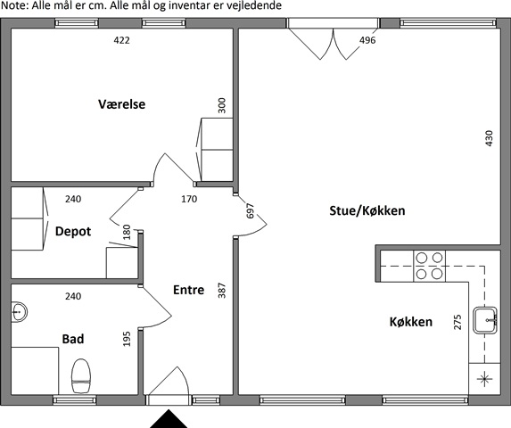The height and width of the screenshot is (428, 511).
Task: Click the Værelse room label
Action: coord(122,104)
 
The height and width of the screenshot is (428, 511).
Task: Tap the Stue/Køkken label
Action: coord(367,210)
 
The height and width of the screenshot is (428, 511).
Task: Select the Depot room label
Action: coord(73,232)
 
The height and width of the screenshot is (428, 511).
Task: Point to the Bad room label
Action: coord(73,339)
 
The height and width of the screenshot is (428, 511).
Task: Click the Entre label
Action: coord(189,290)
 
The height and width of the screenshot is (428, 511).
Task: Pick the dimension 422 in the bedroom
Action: coord(121,40)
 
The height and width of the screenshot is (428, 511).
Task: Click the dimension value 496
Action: coord(367,40)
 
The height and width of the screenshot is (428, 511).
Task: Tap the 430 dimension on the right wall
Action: coord(489,138)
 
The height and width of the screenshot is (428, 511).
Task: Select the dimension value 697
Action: coord(250,210)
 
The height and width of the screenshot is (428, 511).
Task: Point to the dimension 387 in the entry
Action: coord(221,290)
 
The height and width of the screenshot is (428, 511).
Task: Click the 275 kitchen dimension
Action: coord(457,322)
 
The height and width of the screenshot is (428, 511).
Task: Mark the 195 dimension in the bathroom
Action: coord(127,339)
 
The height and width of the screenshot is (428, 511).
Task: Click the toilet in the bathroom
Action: coord(81,376)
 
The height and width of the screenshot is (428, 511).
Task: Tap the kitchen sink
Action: coord(485,320)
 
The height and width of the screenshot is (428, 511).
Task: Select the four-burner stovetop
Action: coord(430,266)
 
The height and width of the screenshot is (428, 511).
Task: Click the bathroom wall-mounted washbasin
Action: coord(19,312)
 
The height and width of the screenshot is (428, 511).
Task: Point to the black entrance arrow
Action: coord(169,419)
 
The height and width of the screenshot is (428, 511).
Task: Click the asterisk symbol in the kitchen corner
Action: coord(484,379)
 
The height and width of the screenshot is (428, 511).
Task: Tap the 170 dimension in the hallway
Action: coord(189,199)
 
